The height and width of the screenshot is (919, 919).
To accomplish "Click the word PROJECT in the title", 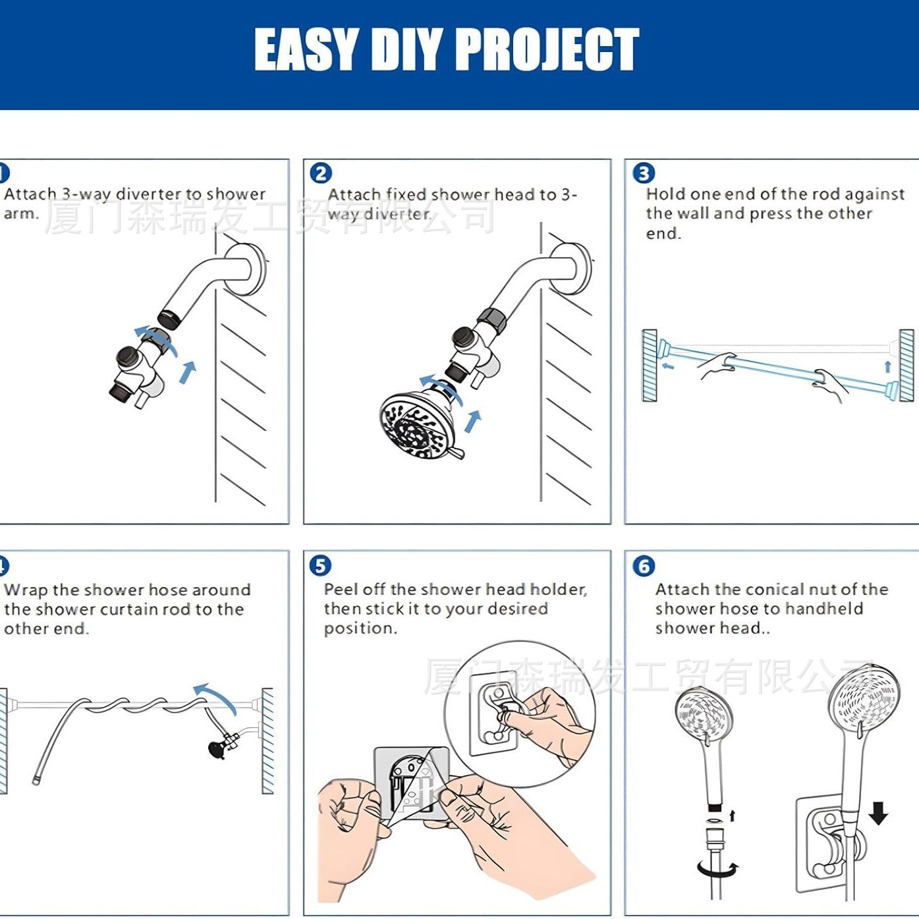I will click(x=547, y=49).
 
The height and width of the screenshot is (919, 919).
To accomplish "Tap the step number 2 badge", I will click(x=321, y=173).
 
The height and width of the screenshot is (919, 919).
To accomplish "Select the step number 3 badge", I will click(x=643, y=173).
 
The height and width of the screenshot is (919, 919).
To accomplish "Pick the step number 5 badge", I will click(x=320, y=565).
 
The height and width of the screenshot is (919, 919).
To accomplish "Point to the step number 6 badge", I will click(x=643, y=565).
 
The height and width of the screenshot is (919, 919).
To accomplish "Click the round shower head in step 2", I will click(x=415, y=425).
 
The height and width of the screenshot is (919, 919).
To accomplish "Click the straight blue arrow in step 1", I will click(x=188, y=372).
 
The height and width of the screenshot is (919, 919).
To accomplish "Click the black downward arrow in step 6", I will click(x=877, y=812).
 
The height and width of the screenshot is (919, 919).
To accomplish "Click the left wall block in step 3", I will click(x=650, y=366).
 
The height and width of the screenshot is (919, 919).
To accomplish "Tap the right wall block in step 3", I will click(x=907, y=366).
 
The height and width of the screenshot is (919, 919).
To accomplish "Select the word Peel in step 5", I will click(x=340, y=589).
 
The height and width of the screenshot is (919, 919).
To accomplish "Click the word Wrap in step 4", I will click(x=26, y=590).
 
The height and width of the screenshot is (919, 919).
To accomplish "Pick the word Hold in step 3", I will click(x=665, y=194).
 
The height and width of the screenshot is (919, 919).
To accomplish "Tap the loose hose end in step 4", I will click(x=36, y=781).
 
